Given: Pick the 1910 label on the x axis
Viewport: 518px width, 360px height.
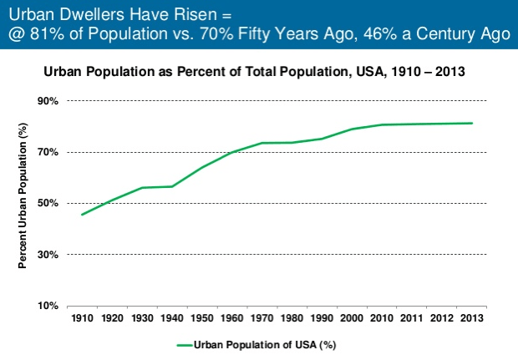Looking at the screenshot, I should coord(82,318).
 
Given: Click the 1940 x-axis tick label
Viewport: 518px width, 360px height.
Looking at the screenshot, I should coord(172,318).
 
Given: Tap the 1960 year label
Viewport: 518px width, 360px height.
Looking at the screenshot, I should coord(232,318).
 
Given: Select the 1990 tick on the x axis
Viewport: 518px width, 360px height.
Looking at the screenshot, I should coord(322,318).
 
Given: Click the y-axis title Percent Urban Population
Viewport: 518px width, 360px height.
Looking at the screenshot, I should coord(23,203).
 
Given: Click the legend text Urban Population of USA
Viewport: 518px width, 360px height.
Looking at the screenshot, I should coord(265,344).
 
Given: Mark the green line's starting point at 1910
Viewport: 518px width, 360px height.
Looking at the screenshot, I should coord(81,215).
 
